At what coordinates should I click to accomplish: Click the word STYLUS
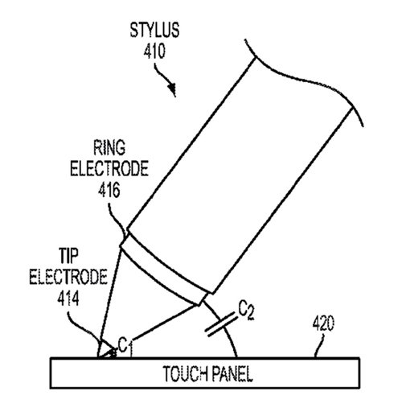click(x=154, y=30)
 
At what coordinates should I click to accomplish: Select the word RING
click(x=109, y=147)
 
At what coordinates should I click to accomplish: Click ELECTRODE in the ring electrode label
click(x=109, y=168)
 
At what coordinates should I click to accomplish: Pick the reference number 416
click(x=109, y=190)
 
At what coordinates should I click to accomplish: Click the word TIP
click(x=68, y=256)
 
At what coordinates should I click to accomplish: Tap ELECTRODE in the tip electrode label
click(x=68, y=277)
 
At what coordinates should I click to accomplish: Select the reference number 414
click(x=68, y=299)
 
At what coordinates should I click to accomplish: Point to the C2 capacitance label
click(x=246, y=311)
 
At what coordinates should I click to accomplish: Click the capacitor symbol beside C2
click(x=221, y=324)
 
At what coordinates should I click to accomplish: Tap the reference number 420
click(x=323, y=323)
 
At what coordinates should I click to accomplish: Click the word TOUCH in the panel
click(x=185, y=374)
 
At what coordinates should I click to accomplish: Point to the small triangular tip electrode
click(x=106, y=351)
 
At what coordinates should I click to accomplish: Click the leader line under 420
click(x=319, y=345)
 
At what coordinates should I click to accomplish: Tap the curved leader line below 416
click(x=116, y=220)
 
